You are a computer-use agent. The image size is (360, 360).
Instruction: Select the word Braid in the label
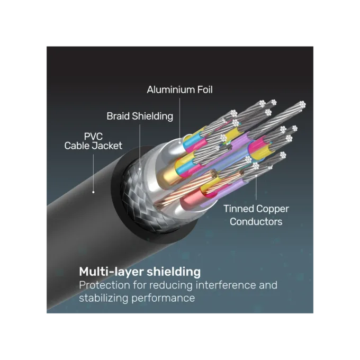click(x=118, y=116)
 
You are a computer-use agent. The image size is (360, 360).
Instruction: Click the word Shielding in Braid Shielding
click(x=152, y=116)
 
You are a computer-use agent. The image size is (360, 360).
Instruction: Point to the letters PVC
click(x=93, y=137)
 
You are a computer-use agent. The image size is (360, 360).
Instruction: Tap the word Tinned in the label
click(x=238, y=209)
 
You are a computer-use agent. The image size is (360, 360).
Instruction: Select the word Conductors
click(x=256, y=222)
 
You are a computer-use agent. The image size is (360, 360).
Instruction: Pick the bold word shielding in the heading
click(x=174, y=272)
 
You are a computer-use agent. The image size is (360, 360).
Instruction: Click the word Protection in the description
click(x=104, y=285)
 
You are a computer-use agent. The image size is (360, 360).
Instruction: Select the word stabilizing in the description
click(x=104, y=298)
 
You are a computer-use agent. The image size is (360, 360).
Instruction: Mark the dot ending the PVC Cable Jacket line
click(x=93, y=192)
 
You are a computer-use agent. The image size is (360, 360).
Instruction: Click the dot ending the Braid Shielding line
click(x=140, y=169)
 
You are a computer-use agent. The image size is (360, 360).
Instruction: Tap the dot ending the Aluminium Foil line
click(x=180, y=143)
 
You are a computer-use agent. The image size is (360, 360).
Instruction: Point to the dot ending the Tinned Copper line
click(x=256, y=176)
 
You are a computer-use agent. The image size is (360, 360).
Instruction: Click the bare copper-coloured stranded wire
click(x=186, y=188)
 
